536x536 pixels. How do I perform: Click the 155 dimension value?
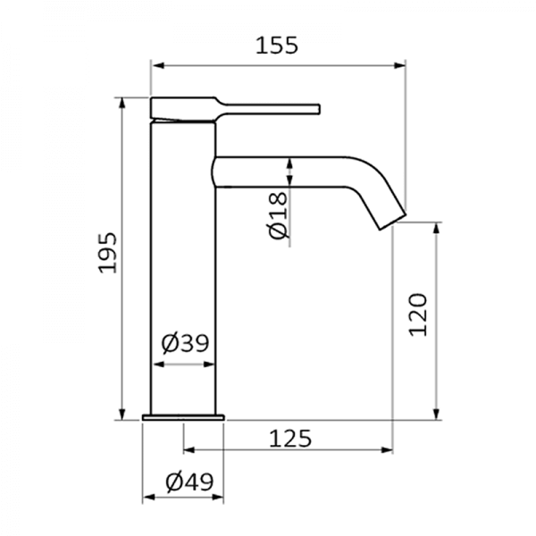(x=277, y=46)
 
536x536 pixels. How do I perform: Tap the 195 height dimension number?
(x=108, y=253)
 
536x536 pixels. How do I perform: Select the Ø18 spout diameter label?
(x=278, y=215)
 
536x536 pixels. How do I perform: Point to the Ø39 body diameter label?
(x=185, y=344)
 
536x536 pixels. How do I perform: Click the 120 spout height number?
(x=418, y=314)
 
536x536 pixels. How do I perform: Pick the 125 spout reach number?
(x=290, y=439)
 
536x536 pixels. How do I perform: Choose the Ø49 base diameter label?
(x=189, y=482)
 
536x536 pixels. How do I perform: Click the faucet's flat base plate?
(x=183, y=417)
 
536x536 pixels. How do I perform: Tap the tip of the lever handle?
(x=319, y=109)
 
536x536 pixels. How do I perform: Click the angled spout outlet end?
(x=393, y=222)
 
